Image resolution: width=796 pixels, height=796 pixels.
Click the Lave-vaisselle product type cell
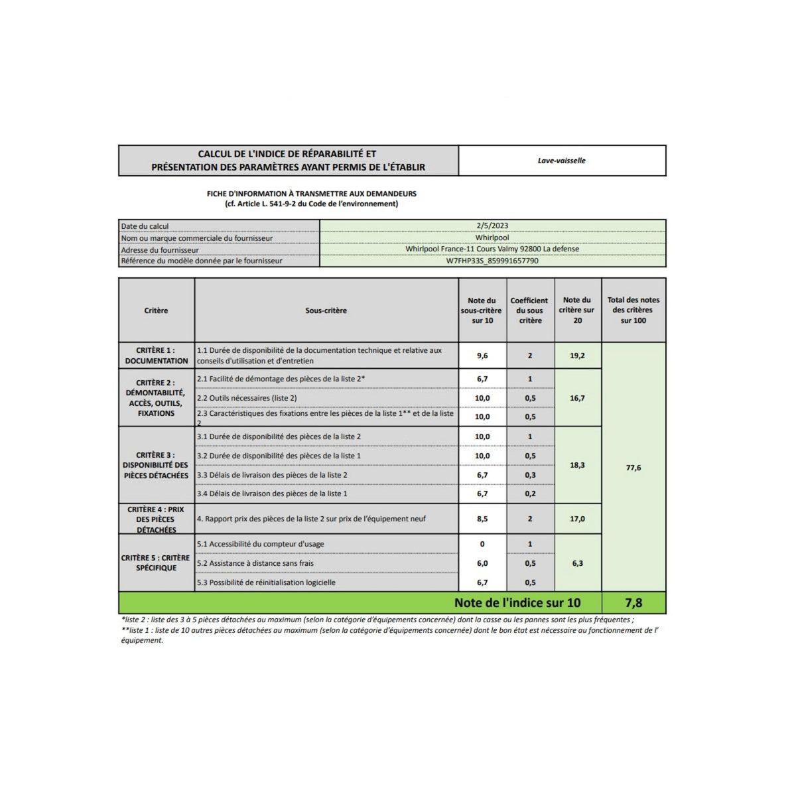click(x=561, y=161)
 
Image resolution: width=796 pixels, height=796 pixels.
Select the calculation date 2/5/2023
click(x=492, y=226)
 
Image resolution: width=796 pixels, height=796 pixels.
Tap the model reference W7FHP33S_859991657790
click(x=492, y=261)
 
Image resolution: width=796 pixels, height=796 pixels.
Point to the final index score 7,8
click(x=633, y=603)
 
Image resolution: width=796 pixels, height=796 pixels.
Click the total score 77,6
click(x=633, y=468)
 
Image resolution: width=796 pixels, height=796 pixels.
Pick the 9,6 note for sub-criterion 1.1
click(x=482, y=356)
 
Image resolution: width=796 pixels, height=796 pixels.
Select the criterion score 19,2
click(x=577, y=356)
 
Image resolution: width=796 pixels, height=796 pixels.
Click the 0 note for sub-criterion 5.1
click(x=482, y=544)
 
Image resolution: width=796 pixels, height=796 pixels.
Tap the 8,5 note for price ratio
click(x=482, y=519)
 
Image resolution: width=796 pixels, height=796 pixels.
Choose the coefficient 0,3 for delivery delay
click(x=530, y=475)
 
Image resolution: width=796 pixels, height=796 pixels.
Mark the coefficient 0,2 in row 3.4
click(x=530, y=494)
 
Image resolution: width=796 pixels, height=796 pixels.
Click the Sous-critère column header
click(x=326, y=310)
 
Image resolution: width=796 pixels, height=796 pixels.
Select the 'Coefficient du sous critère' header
click(x=530, y=310)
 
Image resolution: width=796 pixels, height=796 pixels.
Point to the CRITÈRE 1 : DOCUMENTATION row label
click(x=157, y=356)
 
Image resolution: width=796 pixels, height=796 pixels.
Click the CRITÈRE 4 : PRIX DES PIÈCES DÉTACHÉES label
click(x=157, y=519)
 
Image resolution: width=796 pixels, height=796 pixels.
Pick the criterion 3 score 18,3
click(x=577, y=465)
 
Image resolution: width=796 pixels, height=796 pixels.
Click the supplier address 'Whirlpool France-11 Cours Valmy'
click(x=492, y=249)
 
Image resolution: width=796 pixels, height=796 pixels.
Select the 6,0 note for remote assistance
click(x=482, y=563)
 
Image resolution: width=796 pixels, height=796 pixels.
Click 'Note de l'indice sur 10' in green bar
click(x=517, y=603)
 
